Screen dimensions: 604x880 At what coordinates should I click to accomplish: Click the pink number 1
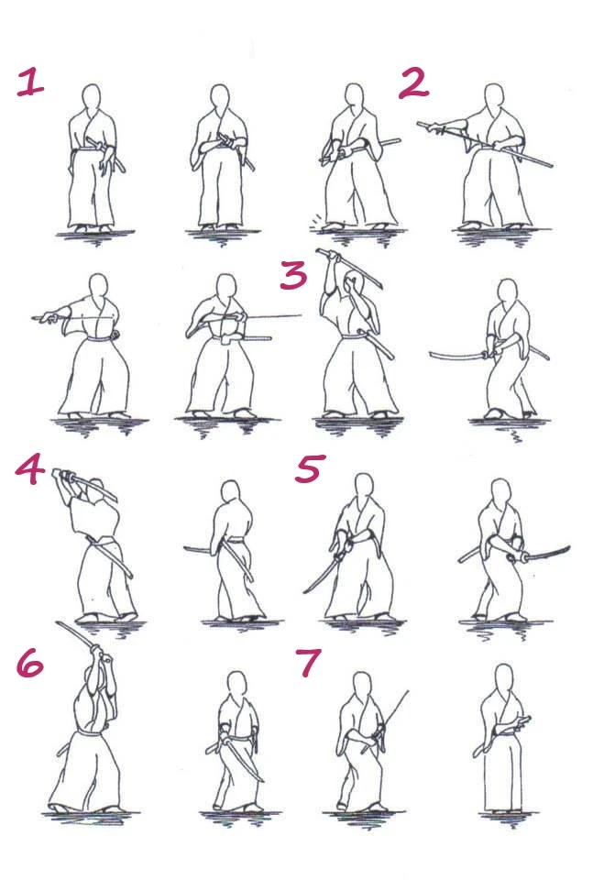pos(29,82)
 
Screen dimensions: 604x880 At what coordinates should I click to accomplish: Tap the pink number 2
pos(413,83)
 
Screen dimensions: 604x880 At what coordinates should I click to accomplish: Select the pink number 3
pos(293,276)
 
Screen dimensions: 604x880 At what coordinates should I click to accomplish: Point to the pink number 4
pos(29,469)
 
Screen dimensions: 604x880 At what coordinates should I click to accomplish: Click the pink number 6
pos(29,664)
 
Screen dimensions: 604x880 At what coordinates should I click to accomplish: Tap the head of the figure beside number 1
pos(92,98)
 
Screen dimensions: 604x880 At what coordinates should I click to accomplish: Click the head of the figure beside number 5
pos(364,487)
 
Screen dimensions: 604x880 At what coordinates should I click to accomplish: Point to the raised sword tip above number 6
pos(59,623)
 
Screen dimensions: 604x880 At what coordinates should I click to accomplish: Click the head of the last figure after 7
pos(504,678)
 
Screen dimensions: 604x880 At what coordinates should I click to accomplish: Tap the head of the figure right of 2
pos(493,98)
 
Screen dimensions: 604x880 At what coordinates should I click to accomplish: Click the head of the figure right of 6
pos(237,686)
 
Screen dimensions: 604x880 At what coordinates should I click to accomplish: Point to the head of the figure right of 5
pos(500,493)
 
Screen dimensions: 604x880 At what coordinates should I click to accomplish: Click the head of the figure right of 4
pos(230,493)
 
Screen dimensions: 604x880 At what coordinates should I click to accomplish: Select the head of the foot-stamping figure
pos(354,98)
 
